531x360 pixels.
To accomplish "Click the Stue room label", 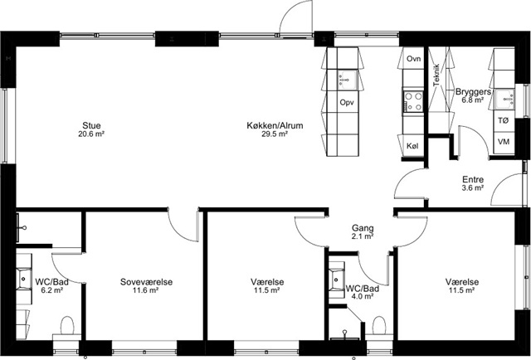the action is pyautogui.click(x=91, y=125).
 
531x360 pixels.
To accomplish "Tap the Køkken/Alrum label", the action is pyautogui.click(x=275, y=125).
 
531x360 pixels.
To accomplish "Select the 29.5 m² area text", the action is pyautogui.click(x=275, y=134).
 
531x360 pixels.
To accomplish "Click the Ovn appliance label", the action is pyautogui.click(x=413, y=59).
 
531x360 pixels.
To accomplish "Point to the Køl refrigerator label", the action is pyautogui.click(x=412, y=146).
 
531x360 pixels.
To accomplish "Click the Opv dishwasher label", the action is pyautogui.click(x=347, y=102).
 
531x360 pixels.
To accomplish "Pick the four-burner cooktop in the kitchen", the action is pyautogui.click(x=413, y=101).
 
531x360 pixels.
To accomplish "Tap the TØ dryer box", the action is pyautogui.click(x=504, y=120).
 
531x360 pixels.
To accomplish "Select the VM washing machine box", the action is pyautogui.click(x=504, y=142).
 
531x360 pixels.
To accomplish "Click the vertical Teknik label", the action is pyautogui.click(x=436, y=75).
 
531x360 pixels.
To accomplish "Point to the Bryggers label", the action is pyautogui.click(x=474, y=92).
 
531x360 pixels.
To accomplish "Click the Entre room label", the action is pyautogui.click(x=473, y=179).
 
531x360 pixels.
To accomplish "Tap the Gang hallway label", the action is pyautogui.click(x=363, y=228).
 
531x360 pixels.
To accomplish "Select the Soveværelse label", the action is pyautogui.click(x=146, y=282).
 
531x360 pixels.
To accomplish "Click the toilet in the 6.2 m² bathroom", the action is pyautogui.click(x=67, y=326).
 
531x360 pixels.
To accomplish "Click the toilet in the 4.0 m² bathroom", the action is pyautogui.click(x=379, y=327).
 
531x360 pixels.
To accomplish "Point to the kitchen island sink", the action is pyautogui.click(x=347, y=80).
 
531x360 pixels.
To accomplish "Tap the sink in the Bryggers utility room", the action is pyautogui.click(x=505, y=100).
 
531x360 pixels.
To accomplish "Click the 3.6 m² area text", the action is pyautogui.click(x=473, y=188).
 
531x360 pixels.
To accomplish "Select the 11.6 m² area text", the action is pyautogui.click(x=146, y=290).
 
